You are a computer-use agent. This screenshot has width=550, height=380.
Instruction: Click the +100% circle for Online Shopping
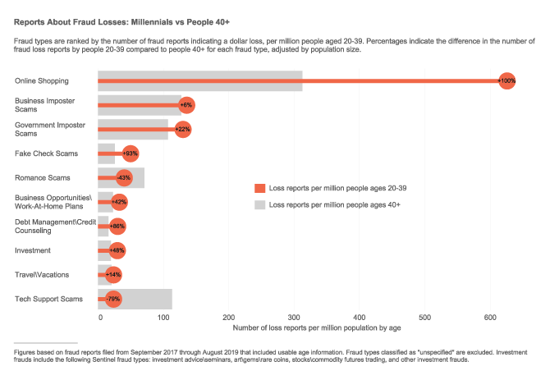pyautogui.click(x=506, y=80)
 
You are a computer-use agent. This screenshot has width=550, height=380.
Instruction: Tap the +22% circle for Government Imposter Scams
pyautogui.click(x=182, y=129)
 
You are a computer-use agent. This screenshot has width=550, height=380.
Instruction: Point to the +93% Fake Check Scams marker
pyautogui.click(x=130, y=153)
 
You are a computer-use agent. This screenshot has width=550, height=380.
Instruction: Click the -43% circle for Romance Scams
pyautogui.click(x=124, y=177)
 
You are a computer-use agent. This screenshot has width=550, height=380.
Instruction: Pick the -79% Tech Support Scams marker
pyautogui.click(x=113, y=299)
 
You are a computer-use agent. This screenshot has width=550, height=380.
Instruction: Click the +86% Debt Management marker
pyautogui.click(x=117, y=226)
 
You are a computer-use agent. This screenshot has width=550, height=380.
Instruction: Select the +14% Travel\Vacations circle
pyautogui.click(x=113, y=275)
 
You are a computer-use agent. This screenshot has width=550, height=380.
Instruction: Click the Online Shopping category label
pyautogui.click(x=41, y=80)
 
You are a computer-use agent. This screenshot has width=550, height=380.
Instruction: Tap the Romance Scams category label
pyautogui.click(x=43, y=177)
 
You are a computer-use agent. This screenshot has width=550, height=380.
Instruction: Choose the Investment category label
pyautogui.click(x=34, y=250)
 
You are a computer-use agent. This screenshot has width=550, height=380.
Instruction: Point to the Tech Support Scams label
pyautogui.click(x=48, y=299)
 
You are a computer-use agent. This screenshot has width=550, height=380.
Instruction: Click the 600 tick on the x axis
pyautogui.click(x=490, y=317)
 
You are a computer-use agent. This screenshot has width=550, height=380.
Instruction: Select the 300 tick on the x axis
pyautogui.click(x=294, y=317)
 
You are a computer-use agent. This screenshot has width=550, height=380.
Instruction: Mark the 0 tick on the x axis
pyautogui.click(x=99, y=317)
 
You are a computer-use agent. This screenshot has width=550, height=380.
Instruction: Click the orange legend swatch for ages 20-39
pyautogui.click(x=259, y=188)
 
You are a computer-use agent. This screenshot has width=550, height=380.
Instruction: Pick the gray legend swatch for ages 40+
pyautogui.click(x=259, y=204)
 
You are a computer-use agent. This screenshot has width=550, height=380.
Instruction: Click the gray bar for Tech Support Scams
pyautogui.click(x=148, y=299)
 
